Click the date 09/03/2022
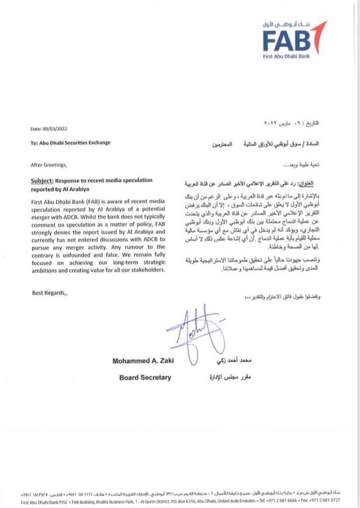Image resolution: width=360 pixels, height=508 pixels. click(x=56, y=129)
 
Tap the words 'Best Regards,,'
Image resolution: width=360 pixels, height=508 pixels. click(x=48, y=293)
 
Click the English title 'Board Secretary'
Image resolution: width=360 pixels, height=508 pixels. click(x=145, y=378)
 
